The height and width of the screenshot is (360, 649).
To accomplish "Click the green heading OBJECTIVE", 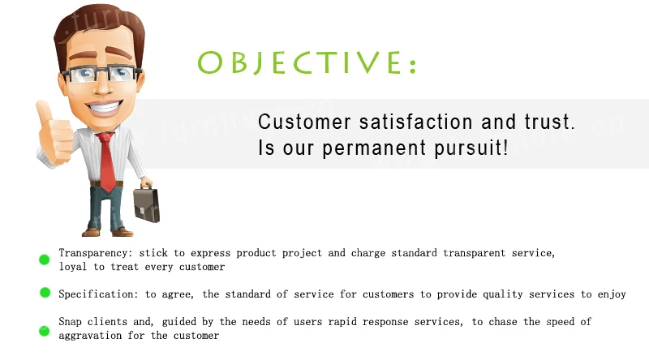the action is [307, 62].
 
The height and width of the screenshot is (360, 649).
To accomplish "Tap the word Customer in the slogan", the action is [305, 122].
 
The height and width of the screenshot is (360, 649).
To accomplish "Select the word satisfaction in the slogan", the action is [415, 122].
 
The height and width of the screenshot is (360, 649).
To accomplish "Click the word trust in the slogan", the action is [550, 122].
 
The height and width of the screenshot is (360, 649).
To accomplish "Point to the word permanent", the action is [374, 148].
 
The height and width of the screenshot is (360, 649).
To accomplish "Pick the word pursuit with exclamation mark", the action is [471, 148].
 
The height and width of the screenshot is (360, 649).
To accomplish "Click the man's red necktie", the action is [107, 161].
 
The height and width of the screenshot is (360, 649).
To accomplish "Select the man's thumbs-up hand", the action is [54, 133].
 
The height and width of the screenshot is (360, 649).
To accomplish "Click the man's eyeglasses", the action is [101, 74].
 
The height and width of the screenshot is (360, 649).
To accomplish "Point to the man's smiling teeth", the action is [105, 107].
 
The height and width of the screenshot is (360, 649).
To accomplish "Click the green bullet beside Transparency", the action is [45, 259].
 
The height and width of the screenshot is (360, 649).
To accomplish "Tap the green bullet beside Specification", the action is [45, 293].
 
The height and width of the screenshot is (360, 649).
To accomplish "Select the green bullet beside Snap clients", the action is [45, 331].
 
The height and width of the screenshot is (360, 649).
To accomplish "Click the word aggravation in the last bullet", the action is [90, 336].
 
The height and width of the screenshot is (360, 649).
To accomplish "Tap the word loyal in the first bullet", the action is [73, 267].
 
